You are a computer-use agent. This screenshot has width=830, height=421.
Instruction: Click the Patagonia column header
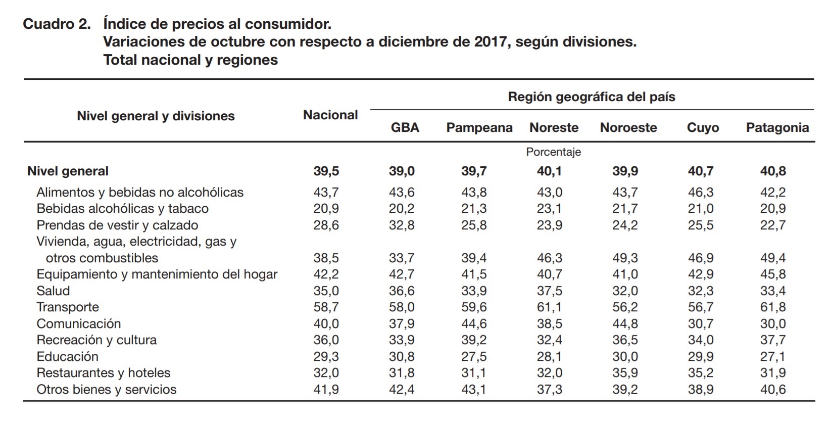[x=777, y=128]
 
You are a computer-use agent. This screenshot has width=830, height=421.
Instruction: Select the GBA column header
[x=405, y=128]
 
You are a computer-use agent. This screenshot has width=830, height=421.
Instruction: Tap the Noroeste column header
[x=628, y=128]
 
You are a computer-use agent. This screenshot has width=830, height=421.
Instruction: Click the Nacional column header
[x=330, y=115]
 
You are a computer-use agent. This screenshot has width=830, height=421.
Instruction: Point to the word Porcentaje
[x=553, y=152]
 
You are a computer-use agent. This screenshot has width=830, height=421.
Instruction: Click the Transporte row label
[x=68, y=307]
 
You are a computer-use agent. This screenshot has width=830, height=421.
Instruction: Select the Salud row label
[x=53, y=291]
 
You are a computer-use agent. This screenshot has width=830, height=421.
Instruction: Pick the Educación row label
[x=67, y=357]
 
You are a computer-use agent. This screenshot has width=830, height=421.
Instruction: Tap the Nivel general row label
[x=68, y=171]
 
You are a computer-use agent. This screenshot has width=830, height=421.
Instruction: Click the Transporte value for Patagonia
[x=773, y=307]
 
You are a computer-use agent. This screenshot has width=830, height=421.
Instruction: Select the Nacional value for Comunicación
[x=326, y=324]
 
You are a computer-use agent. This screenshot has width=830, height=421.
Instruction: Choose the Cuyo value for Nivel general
[x=700, y=171]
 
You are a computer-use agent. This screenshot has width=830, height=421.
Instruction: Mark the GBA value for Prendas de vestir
[x=402, y=225]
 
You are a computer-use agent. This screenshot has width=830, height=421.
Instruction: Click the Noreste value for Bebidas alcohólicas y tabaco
[x=549, y=209]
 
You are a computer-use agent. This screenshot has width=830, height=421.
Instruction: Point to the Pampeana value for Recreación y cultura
[x=474, y=340]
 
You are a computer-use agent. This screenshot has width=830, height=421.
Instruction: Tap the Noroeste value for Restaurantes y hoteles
[x=625, y=373]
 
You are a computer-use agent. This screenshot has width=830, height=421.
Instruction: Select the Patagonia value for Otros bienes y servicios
[x=773, y=390]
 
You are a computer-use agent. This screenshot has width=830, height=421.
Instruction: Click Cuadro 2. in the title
[x=57, y=24]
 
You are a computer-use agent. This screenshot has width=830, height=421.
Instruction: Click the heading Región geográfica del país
[x=591, y=97]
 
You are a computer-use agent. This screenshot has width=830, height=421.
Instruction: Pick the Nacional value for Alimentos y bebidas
[x=326, y=193]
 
